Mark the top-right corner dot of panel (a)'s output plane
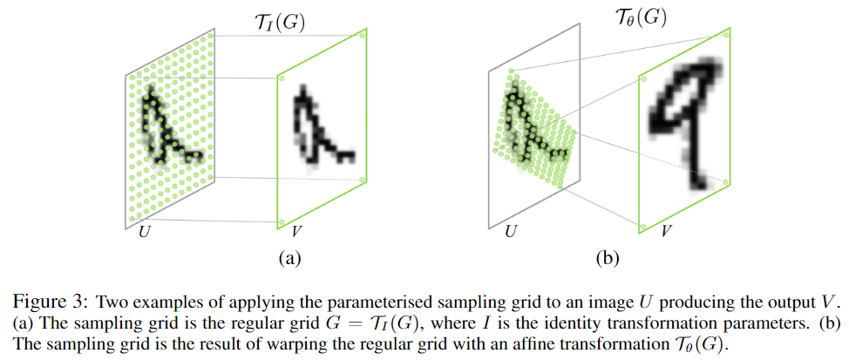point(362,36)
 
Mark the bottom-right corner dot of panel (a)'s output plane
point(362,180)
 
